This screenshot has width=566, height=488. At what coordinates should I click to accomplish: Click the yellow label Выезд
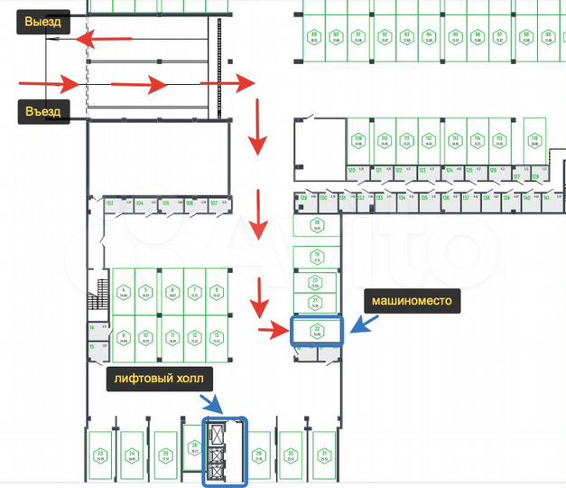[x=43, y=21]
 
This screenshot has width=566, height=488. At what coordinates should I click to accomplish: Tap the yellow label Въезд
[x=43, y=111]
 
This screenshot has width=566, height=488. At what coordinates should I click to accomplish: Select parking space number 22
[x=317, y=331]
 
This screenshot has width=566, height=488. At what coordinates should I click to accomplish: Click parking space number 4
[x=123, y=291]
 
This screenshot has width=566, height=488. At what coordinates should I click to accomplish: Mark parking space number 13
[x=217, y=338]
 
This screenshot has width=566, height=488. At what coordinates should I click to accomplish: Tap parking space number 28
[x=193, y=451]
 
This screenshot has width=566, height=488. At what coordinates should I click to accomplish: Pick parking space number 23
[x=101, y=455]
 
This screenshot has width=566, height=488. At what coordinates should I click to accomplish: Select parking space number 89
[x=314, y=37]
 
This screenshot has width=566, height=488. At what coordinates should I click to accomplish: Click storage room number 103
[x=110, y=204]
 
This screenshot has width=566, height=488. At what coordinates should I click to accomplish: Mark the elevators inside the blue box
[x=217, y=452]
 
